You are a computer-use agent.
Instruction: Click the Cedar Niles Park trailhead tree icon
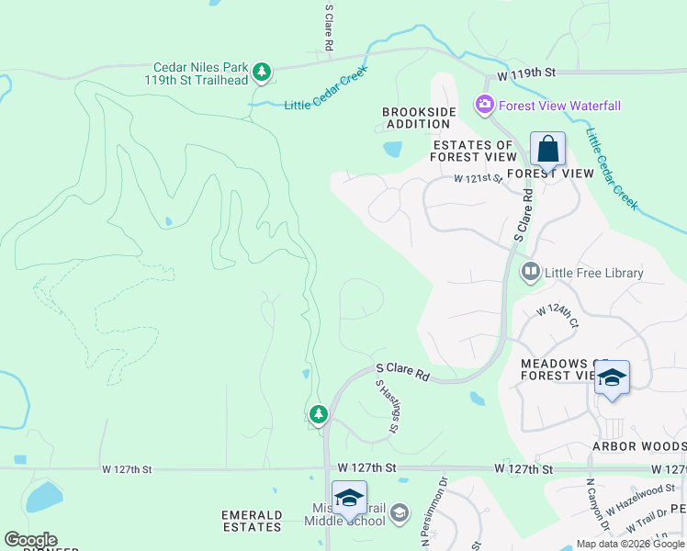[262, 72]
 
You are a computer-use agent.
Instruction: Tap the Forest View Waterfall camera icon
[484, 106]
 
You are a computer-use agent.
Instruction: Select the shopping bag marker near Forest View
[547, 149]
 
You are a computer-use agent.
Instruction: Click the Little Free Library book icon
[530, 272]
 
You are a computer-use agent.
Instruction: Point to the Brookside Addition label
[419, 118]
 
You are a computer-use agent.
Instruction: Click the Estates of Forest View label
[472, 151]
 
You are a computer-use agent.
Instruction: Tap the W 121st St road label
[478, 179]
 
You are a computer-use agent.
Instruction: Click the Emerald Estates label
[252, 521]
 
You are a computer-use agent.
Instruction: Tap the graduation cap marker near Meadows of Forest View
[612, 378]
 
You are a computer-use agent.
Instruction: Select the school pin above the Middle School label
[349, 499]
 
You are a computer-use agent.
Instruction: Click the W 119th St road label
[527, 72]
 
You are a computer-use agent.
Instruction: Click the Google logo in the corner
[30, 540]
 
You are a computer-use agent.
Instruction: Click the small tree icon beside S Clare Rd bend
[319, 415]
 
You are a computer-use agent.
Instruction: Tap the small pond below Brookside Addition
[392, 148]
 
